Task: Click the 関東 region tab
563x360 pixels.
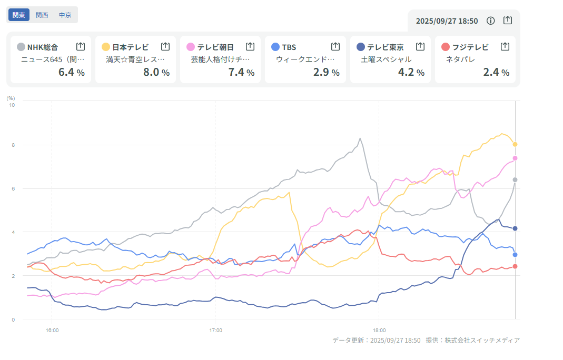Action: [x=19, y=15]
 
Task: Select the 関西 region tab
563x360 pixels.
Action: [x=42, y=15]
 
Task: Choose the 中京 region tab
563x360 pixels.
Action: [x=65, y=15]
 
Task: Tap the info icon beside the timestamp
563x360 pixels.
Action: [x=490, y=21]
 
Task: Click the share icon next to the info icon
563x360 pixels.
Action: [x=507, y=21]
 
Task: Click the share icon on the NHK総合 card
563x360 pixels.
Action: [x=81, y=46]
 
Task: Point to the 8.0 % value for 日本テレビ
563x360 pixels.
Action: [x=156, y=72]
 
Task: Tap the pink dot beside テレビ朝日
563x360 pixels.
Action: [x=191, y=47]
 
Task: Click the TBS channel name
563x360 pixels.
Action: [x=289, y=47]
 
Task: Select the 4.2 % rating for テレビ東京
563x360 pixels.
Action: [x=411, y=72]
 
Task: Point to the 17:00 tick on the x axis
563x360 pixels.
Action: [x=215, y=330]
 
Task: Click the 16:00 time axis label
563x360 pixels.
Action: [x=52, y=330]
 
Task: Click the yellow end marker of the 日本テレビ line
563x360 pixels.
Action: [x=515, y=144]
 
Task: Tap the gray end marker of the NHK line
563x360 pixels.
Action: [x=515, y=180]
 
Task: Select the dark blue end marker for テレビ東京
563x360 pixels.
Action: [x=515, y=228]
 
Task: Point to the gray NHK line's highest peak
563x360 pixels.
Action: [x=360, y=138]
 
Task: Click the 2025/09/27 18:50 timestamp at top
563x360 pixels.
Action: [x=447, y=21]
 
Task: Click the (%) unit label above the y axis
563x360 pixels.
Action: [x=11, y=98]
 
